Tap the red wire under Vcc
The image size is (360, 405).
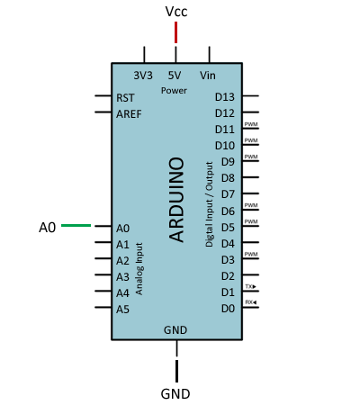tap(176, 32)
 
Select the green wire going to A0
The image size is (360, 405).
tap(76, 227)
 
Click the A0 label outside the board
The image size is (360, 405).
tap(48, 228)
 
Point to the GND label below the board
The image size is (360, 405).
tap(175, 393)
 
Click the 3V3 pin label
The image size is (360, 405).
tap(143, 76)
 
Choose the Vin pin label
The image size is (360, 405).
tap(208, 76)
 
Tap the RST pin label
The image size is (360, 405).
tap(126, 97)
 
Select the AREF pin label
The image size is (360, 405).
tap(129, 113)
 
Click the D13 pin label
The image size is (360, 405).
tap(225, 97)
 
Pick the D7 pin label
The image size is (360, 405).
tap(228, 194)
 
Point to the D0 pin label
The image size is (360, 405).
tap(228, 309)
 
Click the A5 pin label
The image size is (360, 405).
tap(123, 309)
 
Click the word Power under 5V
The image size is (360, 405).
tap(175, 91)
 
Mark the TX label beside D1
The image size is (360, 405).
tap(250, 286)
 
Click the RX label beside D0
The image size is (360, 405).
tap(250, 302)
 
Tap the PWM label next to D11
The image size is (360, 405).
tap(251, 124)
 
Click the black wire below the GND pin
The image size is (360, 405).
tap(176, 370)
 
